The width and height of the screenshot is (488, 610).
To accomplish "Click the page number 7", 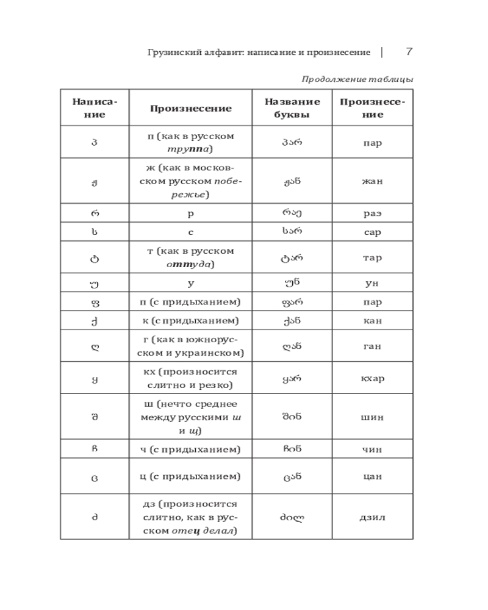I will (409, 52).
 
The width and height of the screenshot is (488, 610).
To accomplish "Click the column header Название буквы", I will (292, 108).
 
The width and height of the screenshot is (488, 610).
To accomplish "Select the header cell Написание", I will (95, 108).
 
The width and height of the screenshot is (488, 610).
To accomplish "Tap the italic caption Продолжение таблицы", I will (357, 79).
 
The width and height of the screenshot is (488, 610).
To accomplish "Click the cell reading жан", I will (371, 181).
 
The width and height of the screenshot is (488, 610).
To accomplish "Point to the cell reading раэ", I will (371, 213).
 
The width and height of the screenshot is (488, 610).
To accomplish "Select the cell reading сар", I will (371, 232).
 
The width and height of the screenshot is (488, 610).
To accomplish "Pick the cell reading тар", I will (371, 258).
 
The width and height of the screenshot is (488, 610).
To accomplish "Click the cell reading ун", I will (371, 284).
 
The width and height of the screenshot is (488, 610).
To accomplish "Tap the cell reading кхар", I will (371, 378).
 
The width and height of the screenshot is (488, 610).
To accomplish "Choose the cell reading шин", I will (371, 417).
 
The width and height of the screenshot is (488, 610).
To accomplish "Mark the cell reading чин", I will (371, 450).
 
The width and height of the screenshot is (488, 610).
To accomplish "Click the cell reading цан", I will (371, 476).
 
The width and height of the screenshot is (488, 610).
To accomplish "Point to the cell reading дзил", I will (371, 517).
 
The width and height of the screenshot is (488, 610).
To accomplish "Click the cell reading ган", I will (371, 346).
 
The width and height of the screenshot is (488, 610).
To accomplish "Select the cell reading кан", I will (371, 320).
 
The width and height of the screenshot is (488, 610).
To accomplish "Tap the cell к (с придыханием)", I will (190, 320).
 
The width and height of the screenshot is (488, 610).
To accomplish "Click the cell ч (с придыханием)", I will (190, 450).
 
